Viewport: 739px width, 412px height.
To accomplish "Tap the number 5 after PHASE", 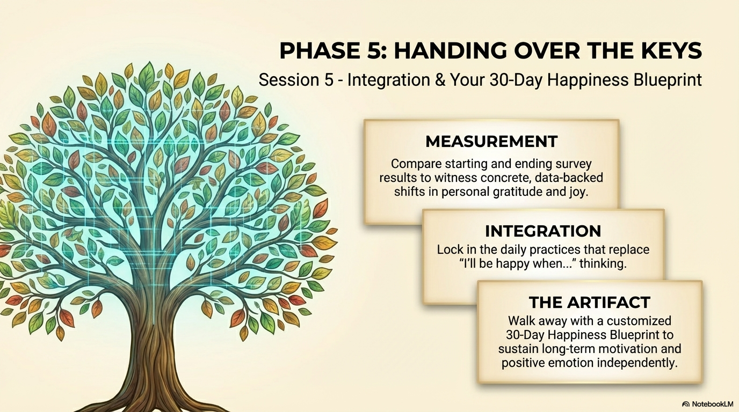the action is pos(372,50).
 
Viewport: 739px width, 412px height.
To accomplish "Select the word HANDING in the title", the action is pos(451,50).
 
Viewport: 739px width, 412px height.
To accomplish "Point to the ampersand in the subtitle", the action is pos(440,80).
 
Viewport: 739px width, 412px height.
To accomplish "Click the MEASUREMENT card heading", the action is pos(491,142).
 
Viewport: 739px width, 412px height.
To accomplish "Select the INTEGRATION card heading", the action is pos(543,231).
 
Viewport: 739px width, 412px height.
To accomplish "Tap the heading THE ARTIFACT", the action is pos(590,302).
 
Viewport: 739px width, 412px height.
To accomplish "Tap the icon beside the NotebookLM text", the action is pos(686,404).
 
